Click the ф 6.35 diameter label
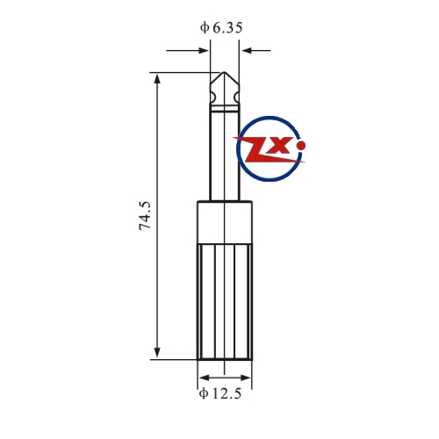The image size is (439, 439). point(221,28)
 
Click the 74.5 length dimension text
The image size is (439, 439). point(145,215)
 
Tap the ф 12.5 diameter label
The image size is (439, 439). point(220,393)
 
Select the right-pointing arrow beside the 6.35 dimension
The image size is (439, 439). point(187,50)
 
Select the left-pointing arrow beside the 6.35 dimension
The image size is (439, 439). point(256,50)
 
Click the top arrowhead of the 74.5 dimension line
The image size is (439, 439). point(157,79)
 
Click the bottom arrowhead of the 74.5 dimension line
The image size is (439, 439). point(157,352)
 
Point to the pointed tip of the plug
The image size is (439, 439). point(224,72)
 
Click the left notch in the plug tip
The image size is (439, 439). point(212,97)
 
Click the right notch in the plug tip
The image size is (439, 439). point(236,97)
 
